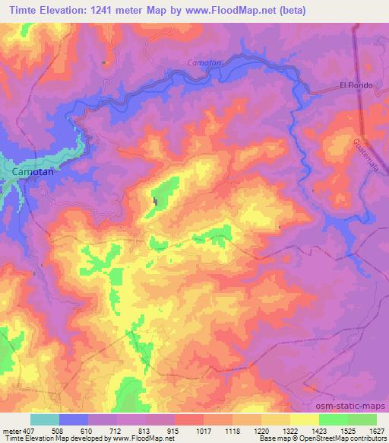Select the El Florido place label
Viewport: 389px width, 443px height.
[356, 84]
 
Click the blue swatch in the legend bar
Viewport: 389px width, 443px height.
[74, 419]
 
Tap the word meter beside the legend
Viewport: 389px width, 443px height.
[11, 431]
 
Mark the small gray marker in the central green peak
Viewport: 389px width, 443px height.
[157, 202]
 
